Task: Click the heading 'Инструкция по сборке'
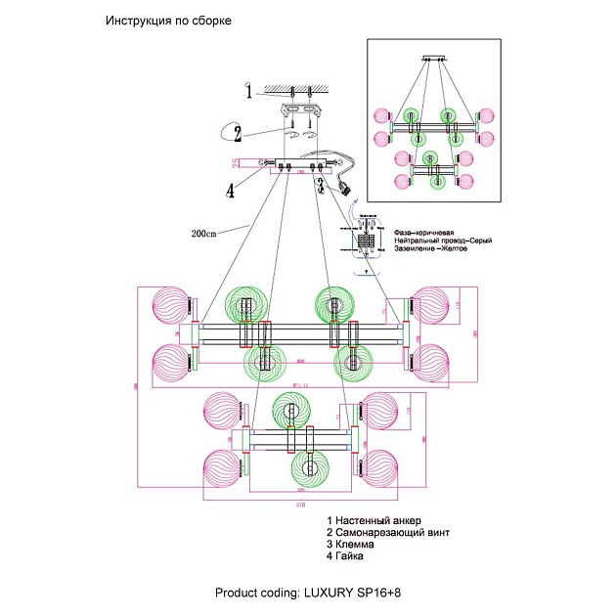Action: (x=168, y=22)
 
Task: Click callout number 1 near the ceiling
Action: (x=248, y=93)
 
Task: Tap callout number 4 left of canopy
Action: (x=231, y=191)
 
